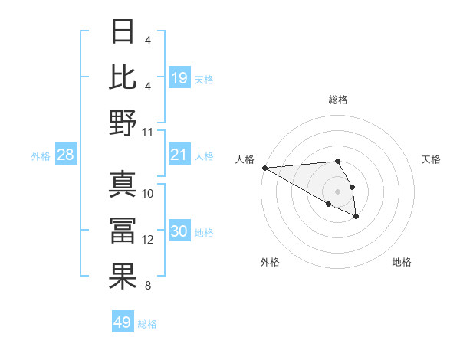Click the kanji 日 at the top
coord(123,31)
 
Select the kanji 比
coord(123,77)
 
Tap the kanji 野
coord(123,123)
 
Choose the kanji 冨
coord(123,230)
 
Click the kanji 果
coord(123,276)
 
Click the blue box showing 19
coord(179,77)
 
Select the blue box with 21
coord(179,155)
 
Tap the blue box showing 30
coord(179,232)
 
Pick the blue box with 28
coord(66,155)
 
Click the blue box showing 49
coord(123,322)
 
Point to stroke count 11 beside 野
coord(149,132)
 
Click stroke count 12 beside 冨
coord(149,240)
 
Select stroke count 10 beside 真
coord(149,193)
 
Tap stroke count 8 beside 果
coord(148,286)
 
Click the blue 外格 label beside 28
coord(41,156)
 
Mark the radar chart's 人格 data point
coord(264,168)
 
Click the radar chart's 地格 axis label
coord(402,262)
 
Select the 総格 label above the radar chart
coord(338,100)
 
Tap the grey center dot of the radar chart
coord(338,191)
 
